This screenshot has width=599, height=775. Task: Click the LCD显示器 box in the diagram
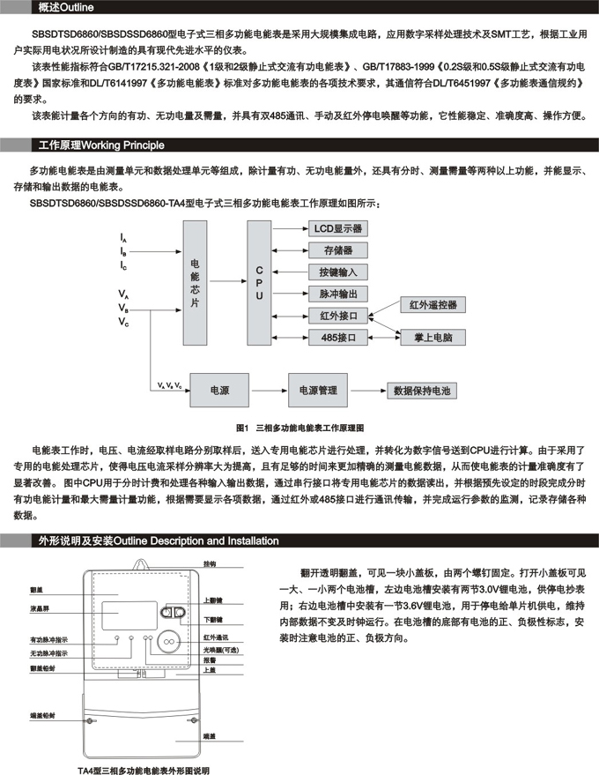pos(338,228)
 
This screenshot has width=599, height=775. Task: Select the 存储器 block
pos(338,250)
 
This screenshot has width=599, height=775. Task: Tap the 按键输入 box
pos(338,272)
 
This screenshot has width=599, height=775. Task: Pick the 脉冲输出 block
pos(338,294)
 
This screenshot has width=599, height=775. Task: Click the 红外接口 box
pos(338,316)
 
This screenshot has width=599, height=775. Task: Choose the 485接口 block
pos(338,337)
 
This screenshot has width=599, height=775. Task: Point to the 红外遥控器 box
pos(433,305)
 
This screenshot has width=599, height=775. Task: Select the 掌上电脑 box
pos(433,337)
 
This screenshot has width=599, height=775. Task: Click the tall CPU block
pos(259,283)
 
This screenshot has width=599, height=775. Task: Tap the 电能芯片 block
pos(196,283)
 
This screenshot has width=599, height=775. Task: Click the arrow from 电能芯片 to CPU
pos(228,283)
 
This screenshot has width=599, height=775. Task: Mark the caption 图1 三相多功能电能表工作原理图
pos(300,425)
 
